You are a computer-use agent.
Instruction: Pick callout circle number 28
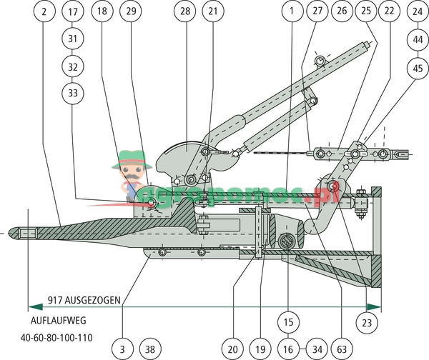click(185, 12)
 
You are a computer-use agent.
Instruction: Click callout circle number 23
click(367, 324)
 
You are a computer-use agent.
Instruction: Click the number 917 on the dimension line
click(56, 300)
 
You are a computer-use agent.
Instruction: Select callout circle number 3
click(122, 349)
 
